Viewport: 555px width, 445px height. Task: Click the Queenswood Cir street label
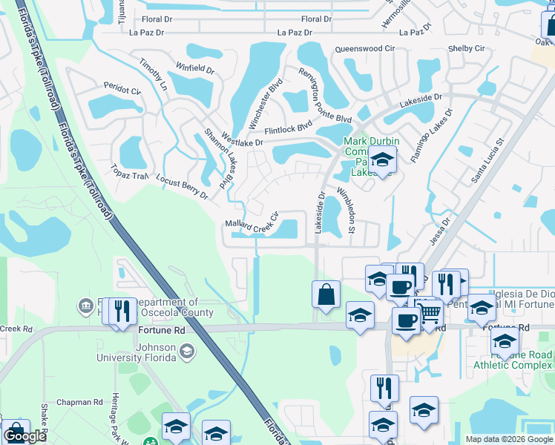(364, 48)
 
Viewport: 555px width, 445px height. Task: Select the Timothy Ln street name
(154, 75)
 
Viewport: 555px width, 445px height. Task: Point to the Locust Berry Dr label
(182, 185)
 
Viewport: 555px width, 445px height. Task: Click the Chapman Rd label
(82, 402)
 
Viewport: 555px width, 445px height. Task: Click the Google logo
(24, 437)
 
